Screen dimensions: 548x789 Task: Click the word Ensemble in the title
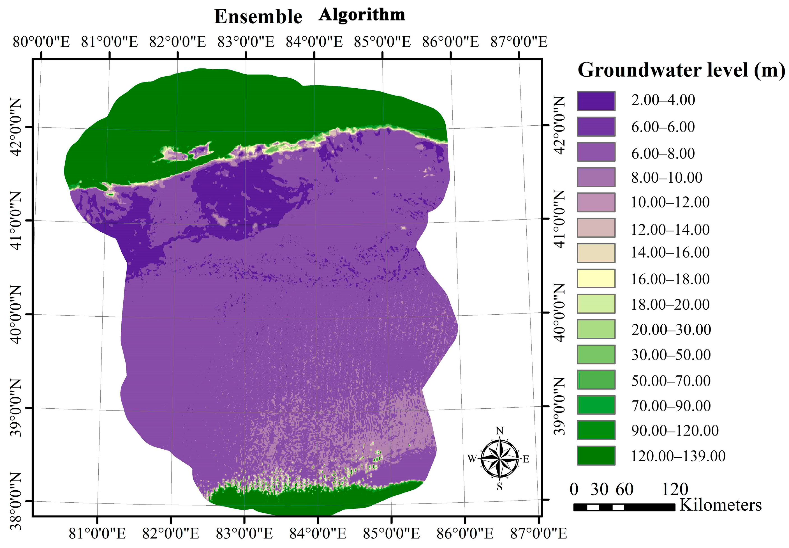(258, 17)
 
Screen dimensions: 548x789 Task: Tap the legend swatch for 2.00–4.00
(596, 101)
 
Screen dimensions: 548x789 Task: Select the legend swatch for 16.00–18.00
(596, 278)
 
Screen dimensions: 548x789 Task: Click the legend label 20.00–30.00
(671, 330)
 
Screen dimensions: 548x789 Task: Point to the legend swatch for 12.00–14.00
(596, 228)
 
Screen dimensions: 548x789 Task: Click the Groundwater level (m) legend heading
(681, 70)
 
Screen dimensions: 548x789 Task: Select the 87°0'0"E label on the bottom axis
(538, 534)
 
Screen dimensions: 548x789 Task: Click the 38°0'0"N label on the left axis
(15, 501)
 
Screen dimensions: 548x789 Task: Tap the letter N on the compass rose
(500, 431)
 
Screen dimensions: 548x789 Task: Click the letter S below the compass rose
(499, 487)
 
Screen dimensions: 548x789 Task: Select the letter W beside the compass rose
(472, 458)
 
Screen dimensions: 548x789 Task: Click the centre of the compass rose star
(500, 458)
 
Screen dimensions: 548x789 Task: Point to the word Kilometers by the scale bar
(720, 505)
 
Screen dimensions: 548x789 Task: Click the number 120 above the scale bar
(675, 489)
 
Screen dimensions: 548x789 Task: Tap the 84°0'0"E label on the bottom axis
(318, 534)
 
